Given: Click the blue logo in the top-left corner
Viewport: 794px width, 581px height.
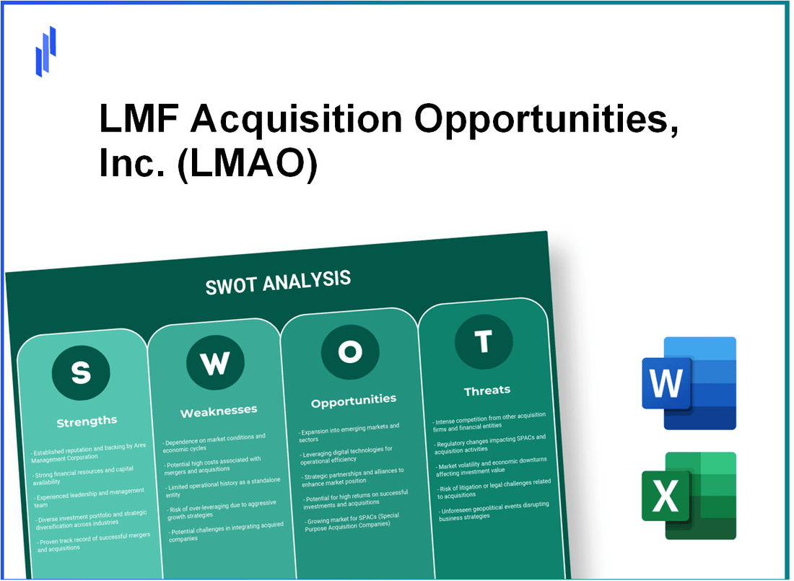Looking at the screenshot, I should pos(45,51).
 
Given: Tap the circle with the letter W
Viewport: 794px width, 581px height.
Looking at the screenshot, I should pos(214,364).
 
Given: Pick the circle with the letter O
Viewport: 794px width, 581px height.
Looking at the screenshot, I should pos(350,351).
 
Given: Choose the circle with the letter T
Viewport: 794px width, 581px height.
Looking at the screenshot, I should pos(484,341).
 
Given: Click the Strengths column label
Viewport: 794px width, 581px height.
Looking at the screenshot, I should pos(86,421).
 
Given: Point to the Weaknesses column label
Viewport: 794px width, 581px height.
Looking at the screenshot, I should pos(218,411).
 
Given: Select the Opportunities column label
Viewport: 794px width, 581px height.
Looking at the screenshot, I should pos(354,399).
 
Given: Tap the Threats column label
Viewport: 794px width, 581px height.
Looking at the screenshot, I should pos(487,390).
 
